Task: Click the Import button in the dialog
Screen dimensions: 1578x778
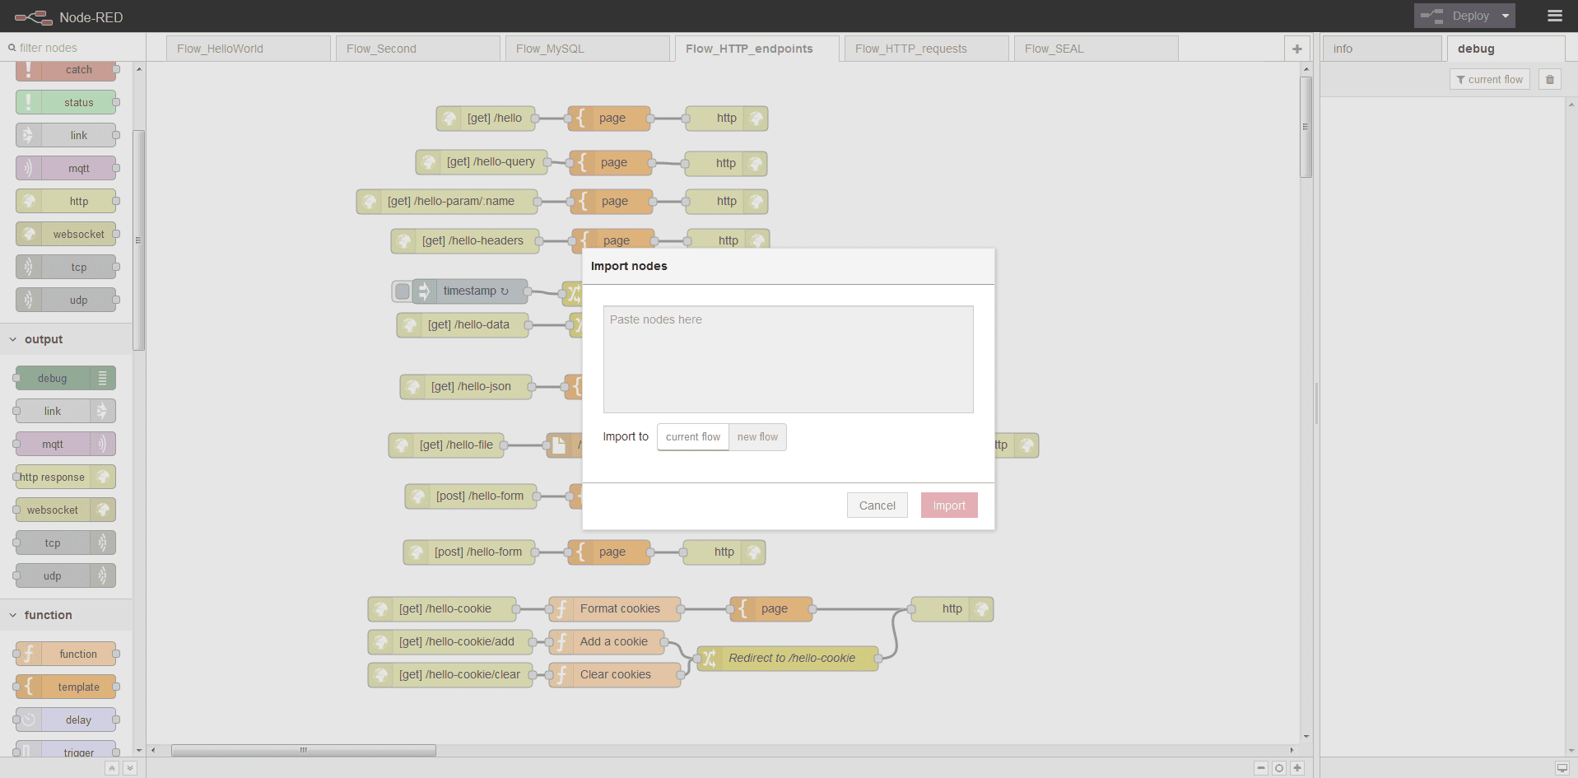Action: tap(949, 505)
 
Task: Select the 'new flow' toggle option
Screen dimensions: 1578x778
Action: tap(757, 437)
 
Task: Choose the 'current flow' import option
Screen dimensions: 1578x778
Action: tap(693, 437)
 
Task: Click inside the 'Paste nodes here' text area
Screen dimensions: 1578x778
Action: tap(788, 359)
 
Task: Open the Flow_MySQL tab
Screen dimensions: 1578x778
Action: tap(587, 49)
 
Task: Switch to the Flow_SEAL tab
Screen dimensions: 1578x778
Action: tap(1096, 49)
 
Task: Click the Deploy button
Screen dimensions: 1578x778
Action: tap(1464, 16)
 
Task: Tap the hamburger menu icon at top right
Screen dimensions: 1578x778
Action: tap(1555, 16)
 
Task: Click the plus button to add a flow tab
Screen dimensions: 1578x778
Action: tap(1297, 49)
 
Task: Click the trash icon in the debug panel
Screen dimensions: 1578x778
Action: tap(1550, 79)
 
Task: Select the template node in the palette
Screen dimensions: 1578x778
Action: tap(66, 687)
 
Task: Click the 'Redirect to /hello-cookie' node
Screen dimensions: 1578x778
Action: tap(788, 658)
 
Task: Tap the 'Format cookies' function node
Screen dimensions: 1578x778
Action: tap(615, 609)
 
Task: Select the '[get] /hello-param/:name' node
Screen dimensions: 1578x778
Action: tap(447, 201)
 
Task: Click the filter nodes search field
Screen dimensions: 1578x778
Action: tap(73, 48)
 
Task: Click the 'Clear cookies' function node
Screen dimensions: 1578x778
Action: tap(615, 675)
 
